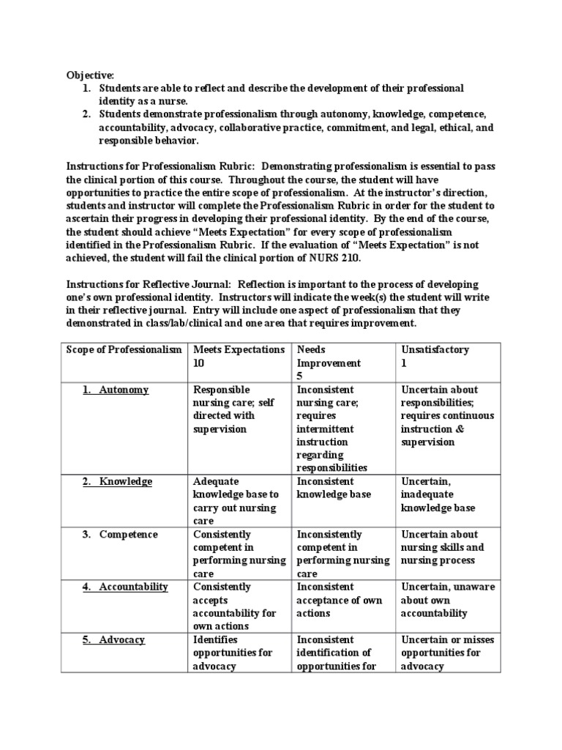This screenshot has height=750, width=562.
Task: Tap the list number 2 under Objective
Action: (x=86, y=114)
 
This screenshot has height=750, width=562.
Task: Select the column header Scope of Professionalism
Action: (x=124, y=349)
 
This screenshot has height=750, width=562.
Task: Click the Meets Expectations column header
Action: (x=239, y=349)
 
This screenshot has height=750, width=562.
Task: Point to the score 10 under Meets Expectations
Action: (x=200, y=363)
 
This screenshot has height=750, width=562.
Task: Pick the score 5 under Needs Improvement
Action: (x=300, y=376)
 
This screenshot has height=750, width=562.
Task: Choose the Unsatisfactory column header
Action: (x=435, y=349)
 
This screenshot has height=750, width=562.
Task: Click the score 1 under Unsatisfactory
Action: (x=405, y=363)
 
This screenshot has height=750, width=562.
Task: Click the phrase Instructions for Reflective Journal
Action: (x=146, y=283)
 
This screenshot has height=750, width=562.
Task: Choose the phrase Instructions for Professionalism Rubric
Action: (x=158, y=166)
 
